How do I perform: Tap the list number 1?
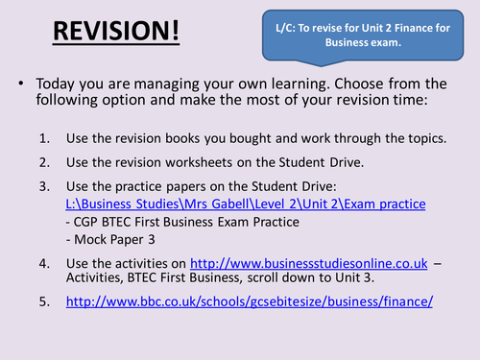(44, 137)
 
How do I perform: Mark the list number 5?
(44, 300)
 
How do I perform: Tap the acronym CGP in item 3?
(86, 222)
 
